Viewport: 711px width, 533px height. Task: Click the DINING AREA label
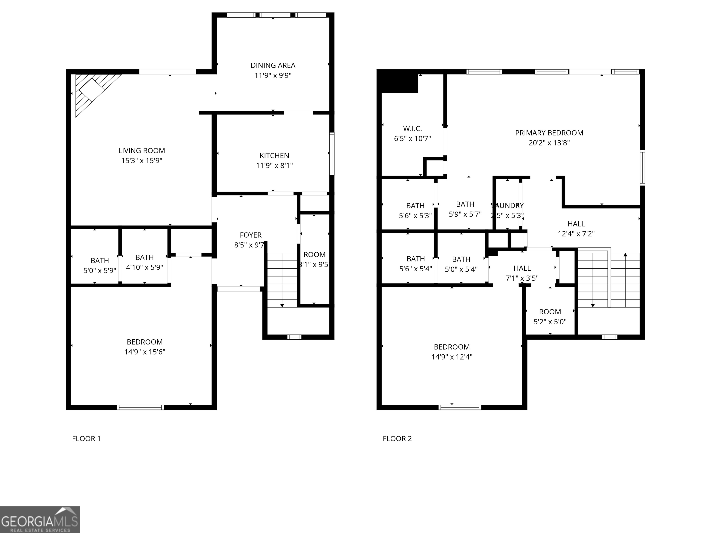[x=273, y=65]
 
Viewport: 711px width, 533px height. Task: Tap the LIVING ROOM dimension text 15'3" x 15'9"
[x=141, y=161]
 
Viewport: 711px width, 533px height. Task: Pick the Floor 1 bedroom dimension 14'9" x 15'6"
[x=145, y=352]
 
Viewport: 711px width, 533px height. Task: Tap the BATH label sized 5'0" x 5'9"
[x=100, y=260]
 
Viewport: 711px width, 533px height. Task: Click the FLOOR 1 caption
[x=86, y=439]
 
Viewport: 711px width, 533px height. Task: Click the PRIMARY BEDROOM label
[x=549, y=133]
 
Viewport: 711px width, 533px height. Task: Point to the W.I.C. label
[x=412, y=129]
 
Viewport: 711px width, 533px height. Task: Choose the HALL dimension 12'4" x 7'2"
[x=576, y=234]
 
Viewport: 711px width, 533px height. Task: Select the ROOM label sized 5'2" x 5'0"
[x=550, y=312]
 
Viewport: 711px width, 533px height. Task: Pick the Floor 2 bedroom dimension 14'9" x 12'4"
[x=452, y=357]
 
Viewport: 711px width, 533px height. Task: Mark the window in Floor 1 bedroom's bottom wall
[x=140, y=407]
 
